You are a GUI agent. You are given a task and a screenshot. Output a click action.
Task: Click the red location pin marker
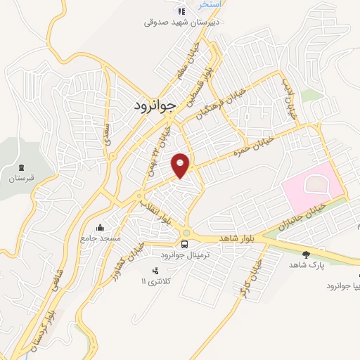pos(181,165)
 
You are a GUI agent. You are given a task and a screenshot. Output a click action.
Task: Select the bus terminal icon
pos(184,244)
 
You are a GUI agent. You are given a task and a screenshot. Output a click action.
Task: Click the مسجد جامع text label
pos(100,238)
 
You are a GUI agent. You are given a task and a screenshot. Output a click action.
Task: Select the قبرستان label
pos(22,179)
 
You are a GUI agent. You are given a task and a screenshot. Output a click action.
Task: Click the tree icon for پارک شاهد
pos(305,255)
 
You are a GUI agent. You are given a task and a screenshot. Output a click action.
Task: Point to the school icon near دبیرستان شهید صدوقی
pos(181,11)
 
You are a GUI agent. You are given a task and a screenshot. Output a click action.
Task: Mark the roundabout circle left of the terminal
pos(187,233)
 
